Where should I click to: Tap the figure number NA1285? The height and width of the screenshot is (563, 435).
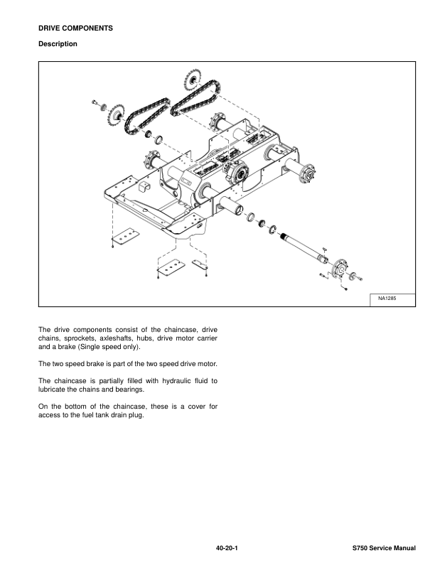[x=382, y=299]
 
